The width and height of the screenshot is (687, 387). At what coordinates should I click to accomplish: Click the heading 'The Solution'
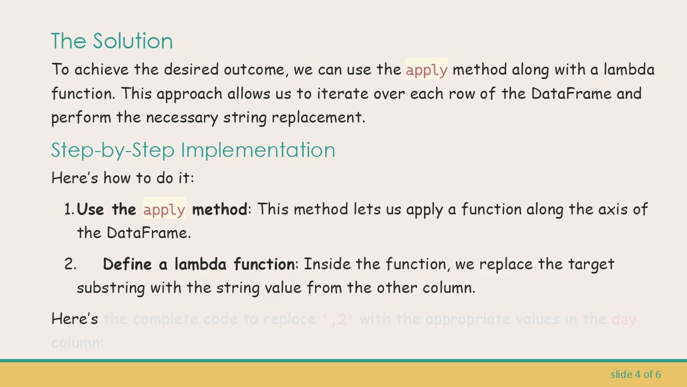point(112,41)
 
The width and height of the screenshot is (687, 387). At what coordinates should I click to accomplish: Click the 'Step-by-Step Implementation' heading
point(193,150)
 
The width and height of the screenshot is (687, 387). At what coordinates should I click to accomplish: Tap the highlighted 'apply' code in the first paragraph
point(426,70)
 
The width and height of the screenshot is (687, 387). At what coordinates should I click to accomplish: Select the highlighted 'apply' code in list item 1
point(164,210)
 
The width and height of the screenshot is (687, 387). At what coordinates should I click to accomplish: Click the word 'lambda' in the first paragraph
point(628,70)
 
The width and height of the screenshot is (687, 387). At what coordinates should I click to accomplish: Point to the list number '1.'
point(69,210)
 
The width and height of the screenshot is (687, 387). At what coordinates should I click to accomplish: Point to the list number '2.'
point(70,264)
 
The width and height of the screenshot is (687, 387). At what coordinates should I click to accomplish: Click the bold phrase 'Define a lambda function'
point(198,264)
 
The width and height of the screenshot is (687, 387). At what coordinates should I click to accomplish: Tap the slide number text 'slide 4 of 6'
point(635,374)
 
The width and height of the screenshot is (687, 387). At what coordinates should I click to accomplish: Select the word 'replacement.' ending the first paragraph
point(318,117)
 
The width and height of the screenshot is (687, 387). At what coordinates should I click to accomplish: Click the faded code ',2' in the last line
point(339,319)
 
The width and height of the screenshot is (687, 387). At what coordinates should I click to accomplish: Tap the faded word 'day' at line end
point(624,319)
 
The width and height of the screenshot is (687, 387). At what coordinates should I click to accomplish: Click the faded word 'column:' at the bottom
point(77,342)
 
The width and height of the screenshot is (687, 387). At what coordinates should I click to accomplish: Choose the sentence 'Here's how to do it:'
point(122,178)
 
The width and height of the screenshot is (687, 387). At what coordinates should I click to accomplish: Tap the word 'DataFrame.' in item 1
point(149,233)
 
